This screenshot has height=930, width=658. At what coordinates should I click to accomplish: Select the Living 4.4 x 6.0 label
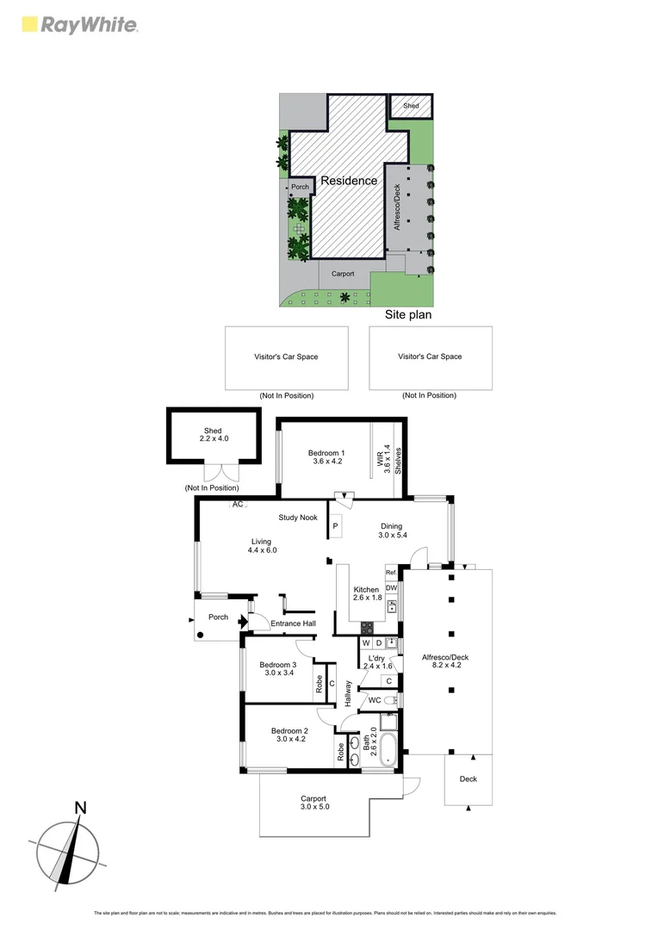tap(261, 546)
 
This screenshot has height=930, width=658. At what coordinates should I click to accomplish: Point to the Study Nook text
tap(297, 518)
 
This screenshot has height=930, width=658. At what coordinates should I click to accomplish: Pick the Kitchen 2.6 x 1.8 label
tap(366, 593)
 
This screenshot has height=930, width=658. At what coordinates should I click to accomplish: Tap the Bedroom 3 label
tap(277, 669)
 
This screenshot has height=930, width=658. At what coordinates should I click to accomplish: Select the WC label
tap(375, 700)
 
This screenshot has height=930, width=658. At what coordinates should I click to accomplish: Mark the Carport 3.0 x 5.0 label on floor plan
tap(314, 802)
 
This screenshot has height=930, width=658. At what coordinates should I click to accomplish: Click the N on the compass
tap(80, 808)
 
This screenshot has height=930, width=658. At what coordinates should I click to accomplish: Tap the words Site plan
tap(407, 315)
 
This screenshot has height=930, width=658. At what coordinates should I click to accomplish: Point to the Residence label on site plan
tap(349, 181)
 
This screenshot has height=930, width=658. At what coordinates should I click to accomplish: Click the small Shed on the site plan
tap(412, 106)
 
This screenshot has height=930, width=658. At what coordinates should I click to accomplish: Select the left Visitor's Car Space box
tap(286, 356)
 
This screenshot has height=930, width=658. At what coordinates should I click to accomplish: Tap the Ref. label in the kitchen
tap(391, 573)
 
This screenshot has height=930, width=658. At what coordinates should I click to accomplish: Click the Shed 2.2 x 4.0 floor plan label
tap(213, 435)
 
